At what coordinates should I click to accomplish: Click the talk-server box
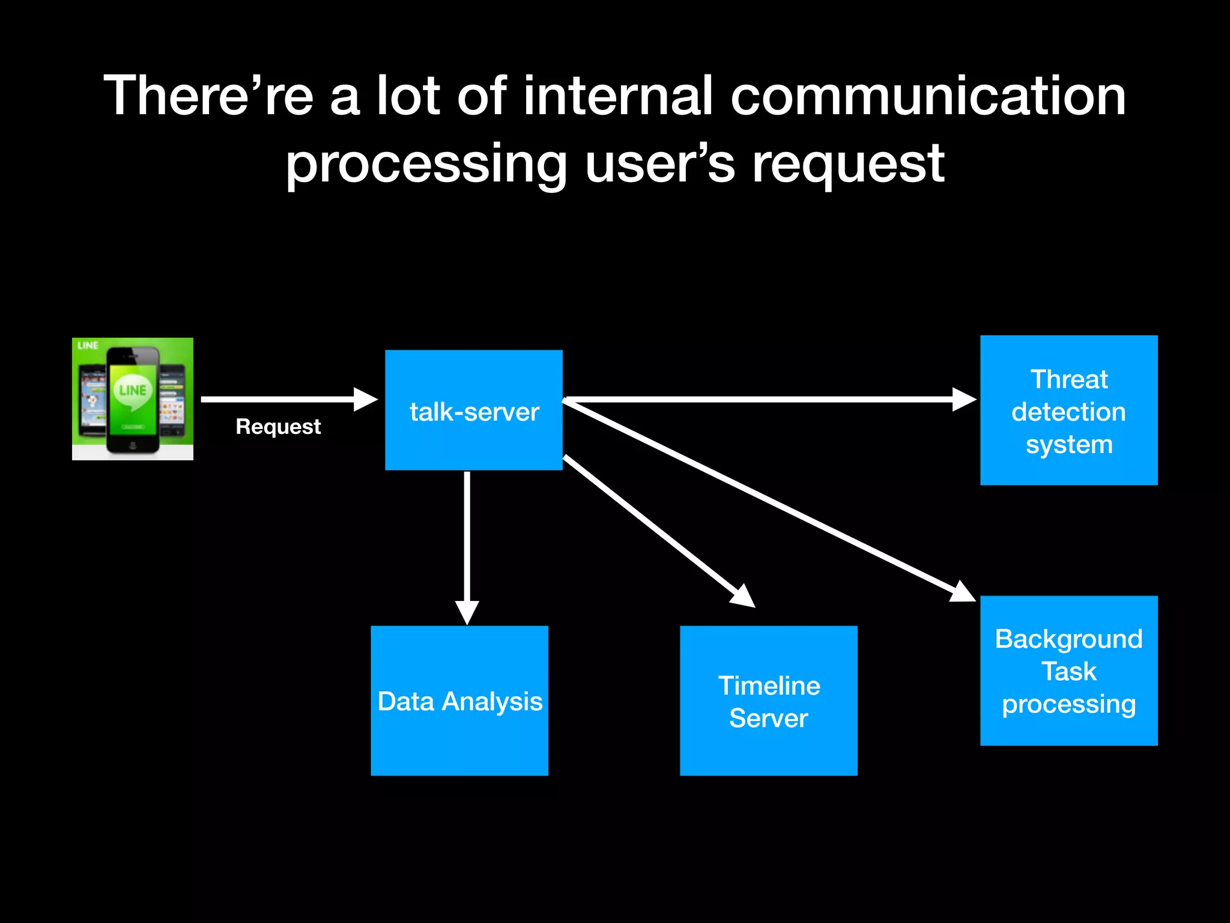(x=473, y=410)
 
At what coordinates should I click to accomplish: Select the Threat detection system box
(x=1068, y=410)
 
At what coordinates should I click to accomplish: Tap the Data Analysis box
(x=459, y=701)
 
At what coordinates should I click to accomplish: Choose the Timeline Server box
(x=768, y=701)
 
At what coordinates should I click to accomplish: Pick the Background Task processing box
(x=1068, y=671)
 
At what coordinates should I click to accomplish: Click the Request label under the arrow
(x=278, y=427)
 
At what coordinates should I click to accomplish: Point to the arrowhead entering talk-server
(x=365, y=399)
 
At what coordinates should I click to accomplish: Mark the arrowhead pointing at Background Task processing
(x=963, y=592)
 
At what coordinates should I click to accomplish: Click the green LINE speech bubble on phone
(x=132, y=392)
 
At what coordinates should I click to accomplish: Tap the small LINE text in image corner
(x=88, y=346)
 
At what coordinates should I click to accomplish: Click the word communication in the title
(x=928, y=96)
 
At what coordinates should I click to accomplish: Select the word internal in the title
(x=619, y=96)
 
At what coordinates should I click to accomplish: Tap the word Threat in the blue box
(x=1068, y=379)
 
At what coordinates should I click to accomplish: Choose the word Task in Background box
(x=1068, y=671)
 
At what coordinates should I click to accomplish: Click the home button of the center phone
(x=133, y=445)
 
